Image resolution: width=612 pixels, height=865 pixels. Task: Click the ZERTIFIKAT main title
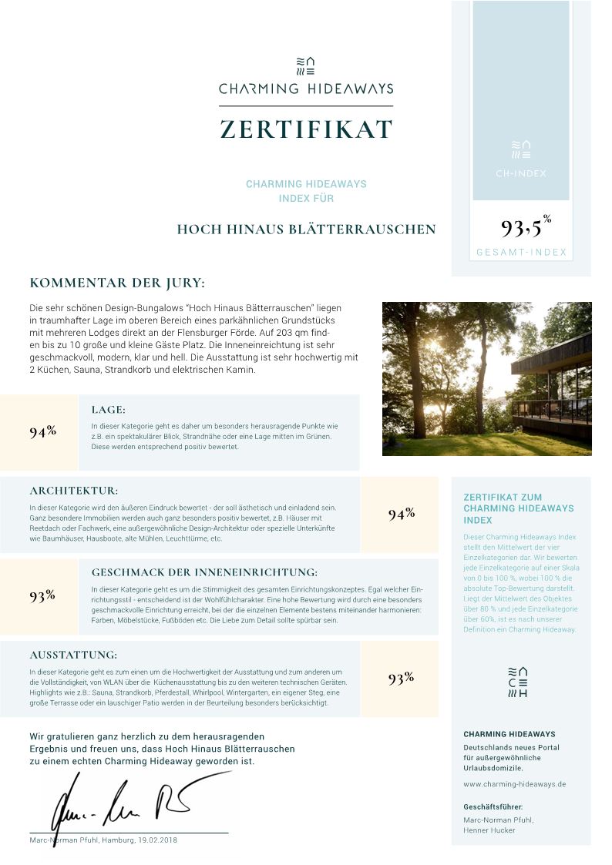(x=306, y=129)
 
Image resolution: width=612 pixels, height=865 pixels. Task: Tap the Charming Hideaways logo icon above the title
(x=306, y=66)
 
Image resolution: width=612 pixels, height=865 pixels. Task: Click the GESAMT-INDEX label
(x=521, y=253)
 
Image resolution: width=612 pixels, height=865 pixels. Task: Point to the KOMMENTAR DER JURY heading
(x=117, y=283)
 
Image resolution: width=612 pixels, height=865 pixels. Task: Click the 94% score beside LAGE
(x=42, y=431)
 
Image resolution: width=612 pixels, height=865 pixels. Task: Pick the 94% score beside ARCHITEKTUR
(x=402, y=514)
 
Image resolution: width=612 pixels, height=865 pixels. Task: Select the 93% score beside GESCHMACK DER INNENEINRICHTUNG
(x=42, y=595)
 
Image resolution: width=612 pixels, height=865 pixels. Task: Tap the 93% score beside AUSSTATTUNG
(x=402, y=678)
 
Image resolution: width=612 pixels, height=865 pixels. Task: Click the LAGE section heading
(x=108, y=410)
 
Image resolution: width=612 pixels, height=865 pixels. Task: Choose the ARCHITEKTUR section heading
(x=74, y=491)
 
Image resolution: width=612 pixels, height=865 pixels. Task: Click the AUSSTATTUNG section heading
(x=73, y=655)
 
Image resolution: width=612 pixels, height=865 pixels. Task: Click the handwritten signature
(x=123, y=801)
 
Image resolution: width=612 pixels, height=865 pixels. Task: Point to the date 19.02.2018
(x=155, y=840)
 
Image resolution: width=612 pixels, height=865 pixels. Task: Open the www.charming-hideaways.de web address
(x=514, y=784)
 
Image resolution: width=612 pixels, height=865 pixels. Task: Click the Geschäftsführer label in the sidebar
(x=493, y=806)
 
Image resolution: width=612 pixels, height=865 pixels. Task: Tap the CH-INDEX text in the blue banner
(x=521, y=173)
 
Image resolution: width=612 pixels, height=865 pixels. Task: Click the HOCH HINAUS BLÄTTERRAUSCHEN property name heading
(x=306, y=230)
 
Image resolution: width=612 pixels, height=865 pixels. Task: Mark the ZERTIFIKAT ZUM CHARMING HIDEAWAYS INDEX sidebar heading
(x=519, y=508)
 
